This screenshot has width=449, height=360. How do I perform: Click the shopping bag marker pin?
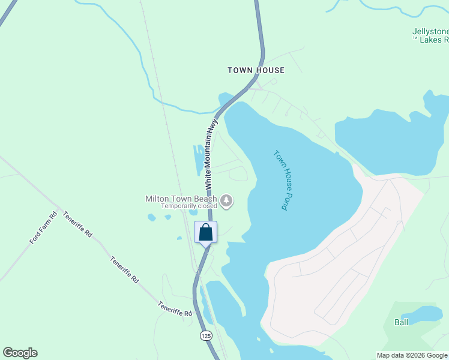click(205, 232)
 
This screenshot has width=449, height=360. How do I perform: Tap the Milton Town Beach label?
click(181, 199)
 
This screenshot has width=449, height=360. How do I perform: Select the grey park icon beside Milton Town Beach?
click(226, 200)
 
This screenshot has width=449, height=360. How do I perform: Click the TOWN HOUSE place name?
click(256, 70)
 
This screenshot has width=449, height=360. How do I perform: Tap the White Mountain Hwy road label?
click(209, 151)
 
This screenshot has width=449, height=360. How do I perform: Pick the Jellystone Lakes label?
click(430, 35)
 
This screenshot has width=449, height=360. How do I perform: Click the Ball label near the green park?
click(401, 322)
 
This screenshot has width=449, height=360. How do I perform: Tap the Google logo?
click(20, 353)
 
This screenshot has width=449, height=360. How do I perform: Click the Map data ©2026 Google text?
click(412, 355)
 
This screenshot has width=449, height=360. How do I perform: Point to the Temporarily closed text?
click(188, 206)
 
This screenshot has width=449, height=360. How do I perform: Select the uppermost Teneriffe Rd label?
click(77, 224)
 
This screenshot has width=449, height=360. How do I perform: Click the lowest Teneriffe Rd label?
click(175, 309)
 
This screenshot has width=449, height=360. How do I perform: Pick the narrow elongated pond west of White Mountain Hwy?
click(197, 159)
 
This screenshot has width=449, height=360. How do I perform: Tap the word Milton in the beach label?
click(157, 199)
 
